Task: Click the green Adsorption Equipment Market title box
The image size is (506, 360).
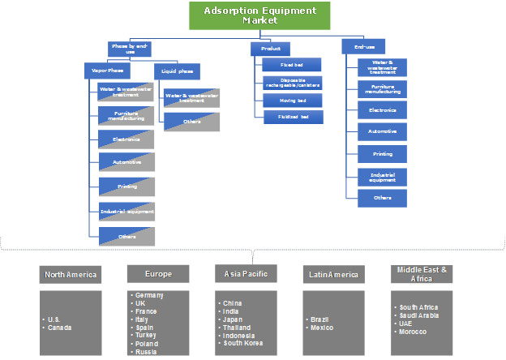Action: pos(259,15)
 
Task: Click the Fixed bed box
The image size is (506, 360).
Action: pos(293,64)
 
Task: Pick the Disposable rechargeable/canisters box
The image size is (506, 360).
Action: pos(293,82)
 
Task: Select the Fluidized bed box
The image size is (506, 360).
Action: pos(293,118)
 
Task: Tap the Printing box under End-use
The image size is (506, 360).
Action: pos(382,154)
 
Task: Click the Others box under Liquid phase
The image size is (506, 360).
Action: pos(191,122)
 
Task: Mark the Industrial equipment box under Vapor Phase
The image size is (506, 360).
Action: pos(126,212)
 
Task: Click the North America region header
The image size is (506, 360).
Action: pos(71,274)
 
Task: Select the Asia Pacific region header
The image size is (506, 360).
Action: pos(245,273)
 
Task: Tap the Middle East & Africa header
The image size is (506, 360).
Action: pos(421,273)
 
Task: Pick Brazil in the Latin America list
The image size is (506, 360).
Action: pos(321,319)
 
